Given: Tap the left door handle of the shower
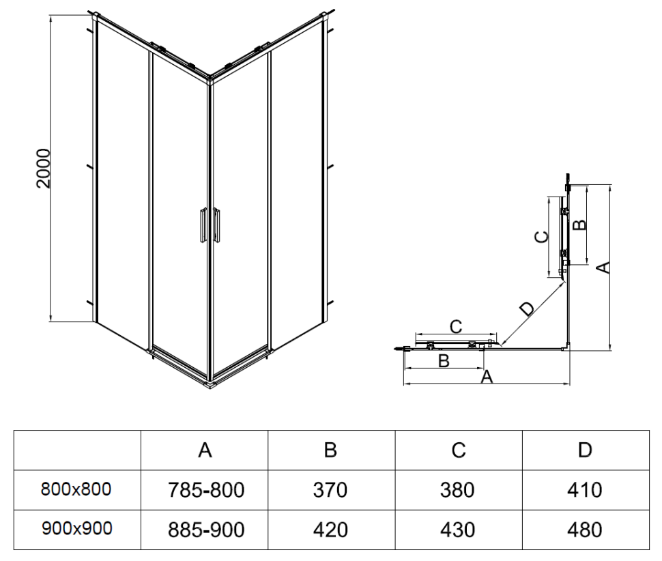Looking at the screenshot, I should point(202,225).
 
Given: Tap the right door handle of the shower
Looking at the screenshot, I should point(216,225).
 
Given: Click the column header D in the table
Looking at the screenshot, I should point(584,450).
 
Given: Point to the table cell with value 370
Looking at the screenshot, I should point(330,489).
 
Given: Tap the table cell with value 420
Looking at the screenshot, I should point(330,530).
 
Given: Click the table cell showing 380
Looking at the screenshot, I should point(458,489).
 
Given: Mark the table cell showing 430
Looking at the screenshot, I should point(458,530).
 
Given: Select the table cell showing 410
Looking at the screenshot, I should point(584,489).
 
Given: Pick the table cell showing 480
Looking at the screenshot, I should point(584,530).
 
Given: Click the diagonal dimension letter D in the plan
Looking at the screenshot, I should point(528,308).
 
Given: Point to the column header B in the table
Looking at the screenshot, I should point(330,450).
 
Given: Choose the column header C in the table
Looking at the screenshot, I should point(458,450).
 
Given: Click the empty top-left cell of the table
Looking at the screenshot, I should point(76,450).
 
